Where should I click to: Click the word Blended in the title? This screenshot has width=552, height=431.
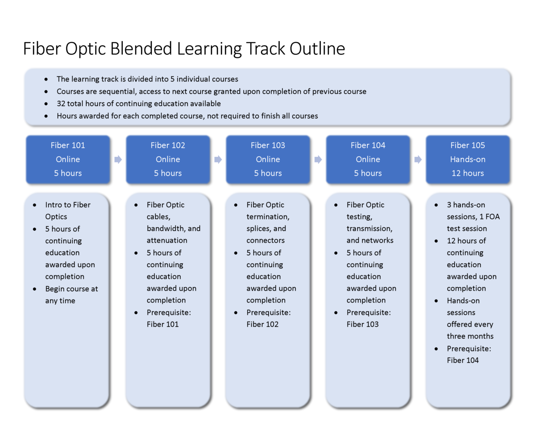pyautogui.click(x=141, y=48)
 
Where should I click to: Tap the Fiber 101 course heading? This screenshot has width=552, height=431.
pyautogui.click(x=68, y=145)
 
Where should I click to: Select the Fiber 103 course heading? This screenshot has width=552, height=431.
pyautogui.click(x=268, y=145)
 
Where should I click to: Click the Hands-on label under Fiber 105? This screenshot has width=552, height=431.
pyautogui.click(x=467, y=159)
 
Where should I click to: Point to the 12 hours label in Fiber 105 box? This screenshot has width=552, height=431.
pyautogui.click(x=467, y=173)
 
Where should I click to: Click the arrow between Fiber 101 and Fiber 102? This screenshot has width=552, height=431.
pyautogui.click(x=118, y=159)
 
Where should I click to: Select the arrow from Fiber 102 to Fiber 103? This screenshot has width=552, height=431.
pyautogui.click(x=218, y=159)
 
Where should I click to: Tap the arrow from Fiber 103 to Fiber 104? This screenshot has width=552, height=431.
pyautogui.click(x=318, y=159)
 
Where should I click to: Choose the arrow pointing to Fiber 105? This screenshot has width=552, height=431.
pyautogui.click(x=418, y=159)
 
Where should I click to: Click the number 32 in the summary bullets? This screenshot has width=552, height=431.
pyautogui.click(x=61, y=103)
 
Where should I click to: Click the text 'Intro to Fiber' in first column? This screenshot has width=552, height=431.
pyautogui.click(x=68, y=205)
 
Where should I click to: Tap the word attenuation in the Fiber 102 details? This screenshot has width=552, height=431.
pyautogui.click(x=167, y=240)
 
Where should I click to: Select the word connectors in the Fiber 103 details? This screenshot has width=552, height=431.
pyautogui.click(x=266, y=240)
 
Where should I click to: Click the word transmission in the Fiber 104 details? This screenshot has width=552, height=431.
pyautogui.click(x=369, y=229)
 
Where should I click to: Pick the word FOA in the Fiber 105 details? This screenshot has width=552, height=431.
pyautogui.click(x=492, y=216)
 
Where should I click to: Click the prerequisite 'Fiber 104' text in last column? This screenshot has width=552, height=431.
pyautogui.click(x=463, y=360)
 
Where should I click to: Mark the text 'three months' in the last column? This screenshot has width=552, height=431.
pyautogui.click(x=470, y=336)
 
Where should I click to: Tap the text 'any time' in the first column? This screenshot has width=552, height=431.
pyautogui.click(x=60, y=301)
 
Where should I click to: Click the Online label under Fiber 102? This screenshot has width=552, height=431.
pyautogui.click(x=168, y=159)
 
